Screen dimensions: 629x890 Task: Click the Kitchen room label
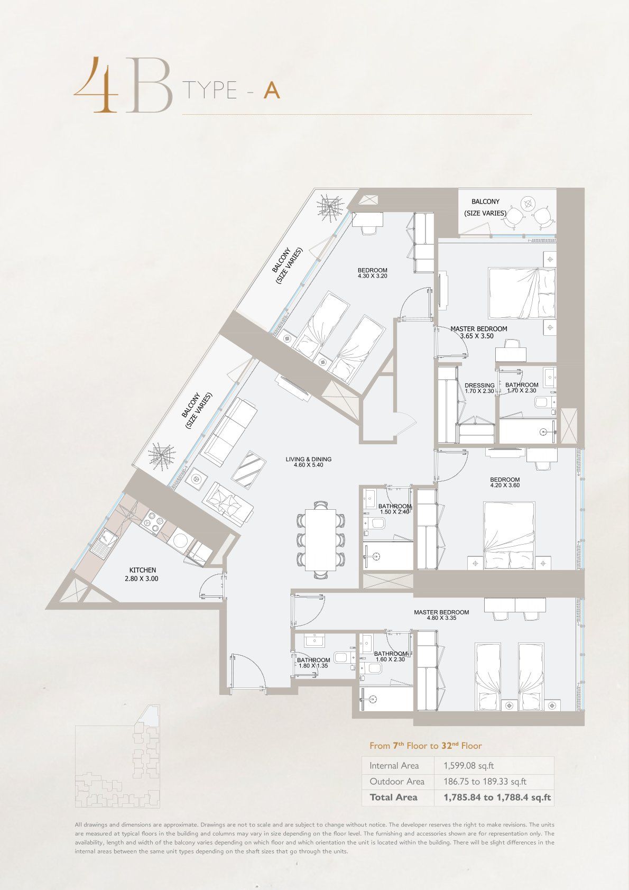143,570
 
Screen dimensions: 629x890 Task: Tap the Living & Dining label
309,459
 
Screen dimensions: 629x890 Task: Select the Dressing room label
480,385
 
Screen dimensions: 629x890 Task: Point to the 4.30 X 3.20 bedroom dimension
373,276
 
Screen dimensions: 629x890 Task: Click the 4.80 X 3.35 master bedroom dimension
441,618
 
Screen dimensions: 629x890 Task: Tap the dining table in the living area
321,539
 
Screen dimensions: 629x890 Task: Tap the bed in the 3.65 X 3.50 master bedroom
522,293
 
